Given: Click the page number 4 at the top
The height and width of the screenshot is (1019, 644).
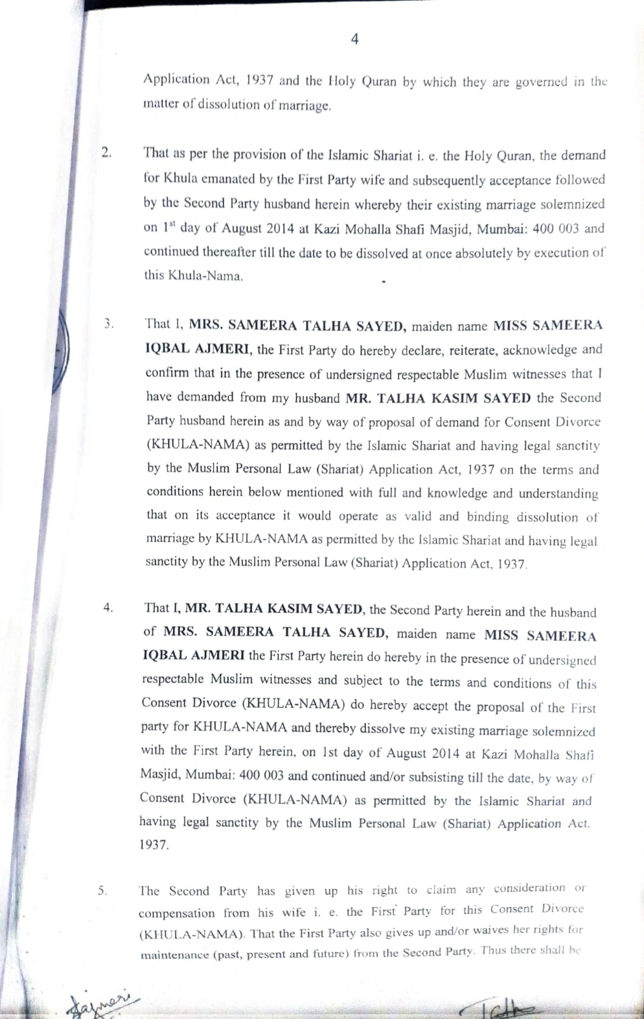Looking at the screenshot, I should pos(354,39).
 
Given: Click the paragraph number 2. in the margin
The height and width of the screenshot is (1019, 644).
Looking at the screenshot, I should pos(106,152).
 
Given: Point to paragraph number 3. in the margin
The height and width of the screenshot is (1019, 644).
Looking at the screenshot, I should pos(109,323).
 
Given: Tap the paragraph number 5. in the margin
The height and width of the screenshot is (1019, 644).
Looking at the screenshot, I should pos(103,890).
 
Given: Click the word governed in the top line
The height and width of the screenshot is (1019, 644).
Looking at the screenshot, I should pos(541,82).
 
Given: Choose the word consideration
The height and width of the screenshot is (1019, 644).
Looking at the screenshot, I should pos(529,888).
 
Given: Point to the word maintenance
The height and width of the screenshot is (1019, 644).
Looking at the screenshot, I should pos(174,955).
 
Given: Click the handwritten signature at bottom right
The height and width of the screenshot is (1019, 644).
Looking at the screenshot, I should pos(503,1008).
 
